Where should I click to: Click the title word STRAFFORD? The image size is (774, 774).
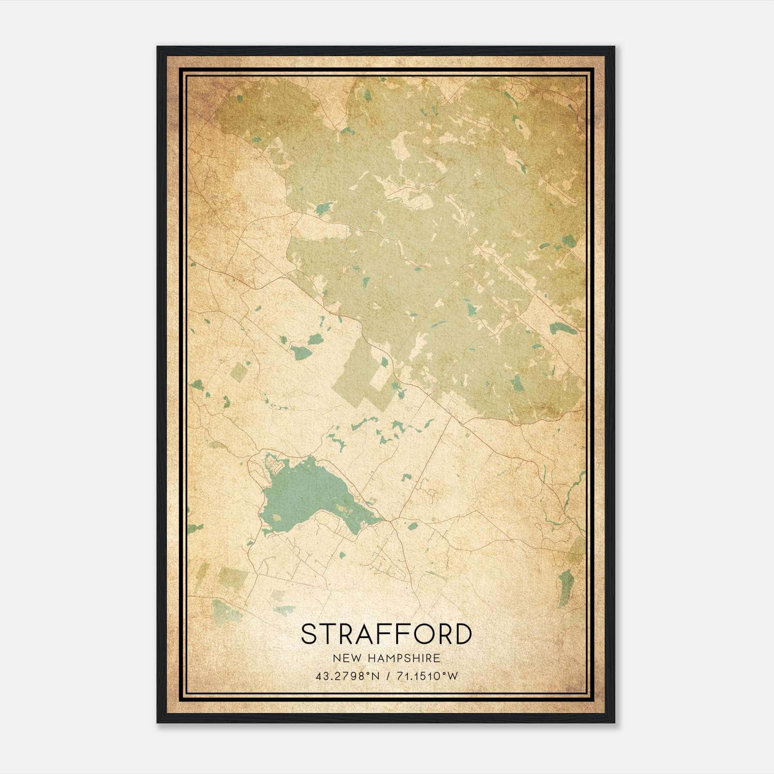386,634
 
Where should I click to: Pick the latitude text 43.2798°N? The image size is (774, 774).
347,676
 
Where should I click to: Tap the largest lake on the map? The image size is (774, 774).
310,493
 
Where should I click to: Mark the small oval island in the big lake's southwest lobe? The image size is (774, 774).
276,517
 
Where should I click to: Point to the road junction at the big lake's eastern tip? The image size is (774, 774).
387,521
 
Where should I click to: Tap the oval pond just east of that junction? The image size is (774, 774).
412,526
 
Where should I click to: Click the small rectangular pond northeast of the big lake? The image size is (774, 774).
406,477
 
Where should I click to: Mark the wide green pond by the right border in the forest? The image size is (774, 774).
563,328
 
